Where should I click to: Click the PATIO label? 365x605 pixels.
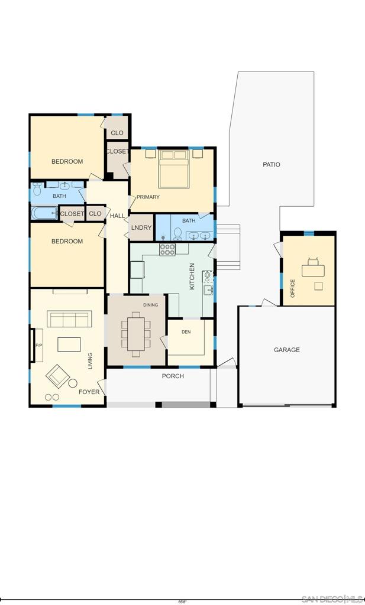coord(271,164)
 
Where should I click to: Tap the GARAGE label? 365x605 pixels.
coord(286,350)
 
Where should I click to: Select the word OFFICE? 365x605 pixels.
coord(292,288)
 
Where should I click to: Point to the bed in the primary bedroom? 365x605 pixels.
coord(174,169)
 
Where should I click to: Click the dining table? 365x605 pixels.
coord(135,334)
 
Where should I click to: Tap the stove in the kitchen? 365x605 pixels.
coord(167,249)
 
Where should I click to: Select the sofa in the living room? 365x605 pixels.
coord(70,319)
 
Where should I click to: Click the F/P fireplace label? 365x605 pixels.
coord(38,345)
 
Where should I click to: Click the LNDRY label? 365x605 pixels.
coord(141,227)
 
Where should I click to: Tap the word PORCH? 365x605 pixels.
coord(173,376)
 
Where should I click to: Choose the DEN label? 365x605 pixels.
coord(186,332)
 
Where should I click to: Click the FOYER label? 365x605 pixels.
coord(89,392)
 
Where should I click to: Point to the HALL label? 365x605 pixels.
coord(117,216)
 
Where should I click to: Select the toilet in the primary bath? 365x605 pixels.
coord(177,233)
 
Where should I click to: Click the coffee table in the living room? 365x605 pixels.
coord(69,344)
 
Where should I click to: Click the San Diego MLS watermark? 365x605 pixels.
coord(332,599)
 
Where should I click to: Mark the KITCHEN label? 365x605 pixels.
coord(192,277)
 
